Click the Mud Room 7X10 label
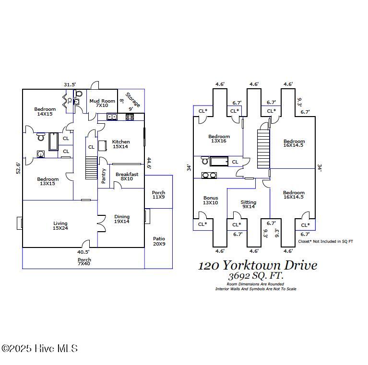coord(102,103)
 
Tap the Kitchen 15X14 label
coord(121,144)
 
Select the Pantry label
coord(104,176)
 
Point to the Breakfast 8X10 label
coord(127,177)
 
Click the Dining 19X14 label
coord(122,219)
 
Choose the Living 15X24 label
coord(60,226)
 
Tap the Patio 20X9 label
coord(159,241)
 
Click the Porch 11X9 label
coord(158,195)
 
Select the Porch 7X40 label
coord(84,261)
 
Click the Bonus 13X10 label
coord(211,200)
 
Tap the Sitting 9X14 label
coord(248,204)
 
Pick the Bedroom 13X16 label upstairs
coord(219,139)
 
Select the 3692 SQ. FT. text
coord(255,276)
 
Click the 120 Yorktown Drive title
coord(258,265)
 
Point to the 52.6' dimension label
coord(18,168)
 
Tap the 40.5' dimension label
coord(83,252)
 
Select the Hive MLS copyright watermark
coord(39,349)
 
